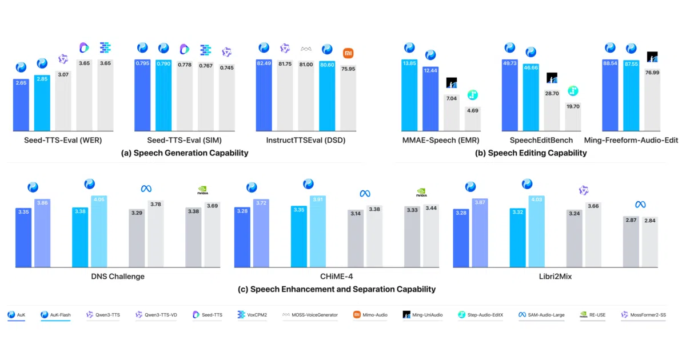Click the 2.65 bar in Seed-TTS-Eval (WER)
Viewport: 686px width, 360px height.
point(21,105)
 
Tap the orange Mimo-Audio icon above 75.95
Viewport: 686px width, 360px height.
point(348,53)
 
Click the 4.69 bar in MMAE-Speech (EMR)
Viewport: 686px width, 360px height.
point(473,119)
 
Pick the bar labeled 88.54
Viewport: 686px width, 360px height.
point(610,95)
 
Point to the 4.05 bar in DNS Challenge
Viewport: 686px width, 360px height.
point(99,231)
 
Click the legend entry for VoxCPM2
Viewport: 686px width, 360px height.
point(252,315)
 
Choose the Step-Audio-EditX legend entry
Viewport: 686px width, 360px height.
point(481,315)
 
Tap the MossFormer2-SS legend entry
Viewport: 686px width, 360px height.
point(644,315)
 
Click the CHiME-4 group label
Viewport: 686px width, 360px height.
point(337,277)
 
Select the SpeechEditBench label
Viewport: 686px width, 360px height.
point(541,140)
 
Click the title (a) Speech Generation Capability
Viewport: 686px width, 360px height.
point(185,153)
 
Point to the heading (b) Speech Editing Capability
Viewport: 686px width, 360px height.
point(531,153)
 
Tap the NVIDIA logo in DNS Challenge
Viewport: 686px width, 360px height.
point(203,190)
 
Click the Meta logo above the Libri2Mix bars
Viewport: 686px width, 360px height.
point(640,205)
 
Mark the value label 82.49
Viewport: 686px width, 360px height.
point(264,63)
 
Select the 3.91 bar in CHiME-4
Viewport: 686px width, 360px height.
point(318,231)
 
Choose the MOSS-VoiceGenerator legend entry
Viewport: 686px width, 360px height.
point(310,315)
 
